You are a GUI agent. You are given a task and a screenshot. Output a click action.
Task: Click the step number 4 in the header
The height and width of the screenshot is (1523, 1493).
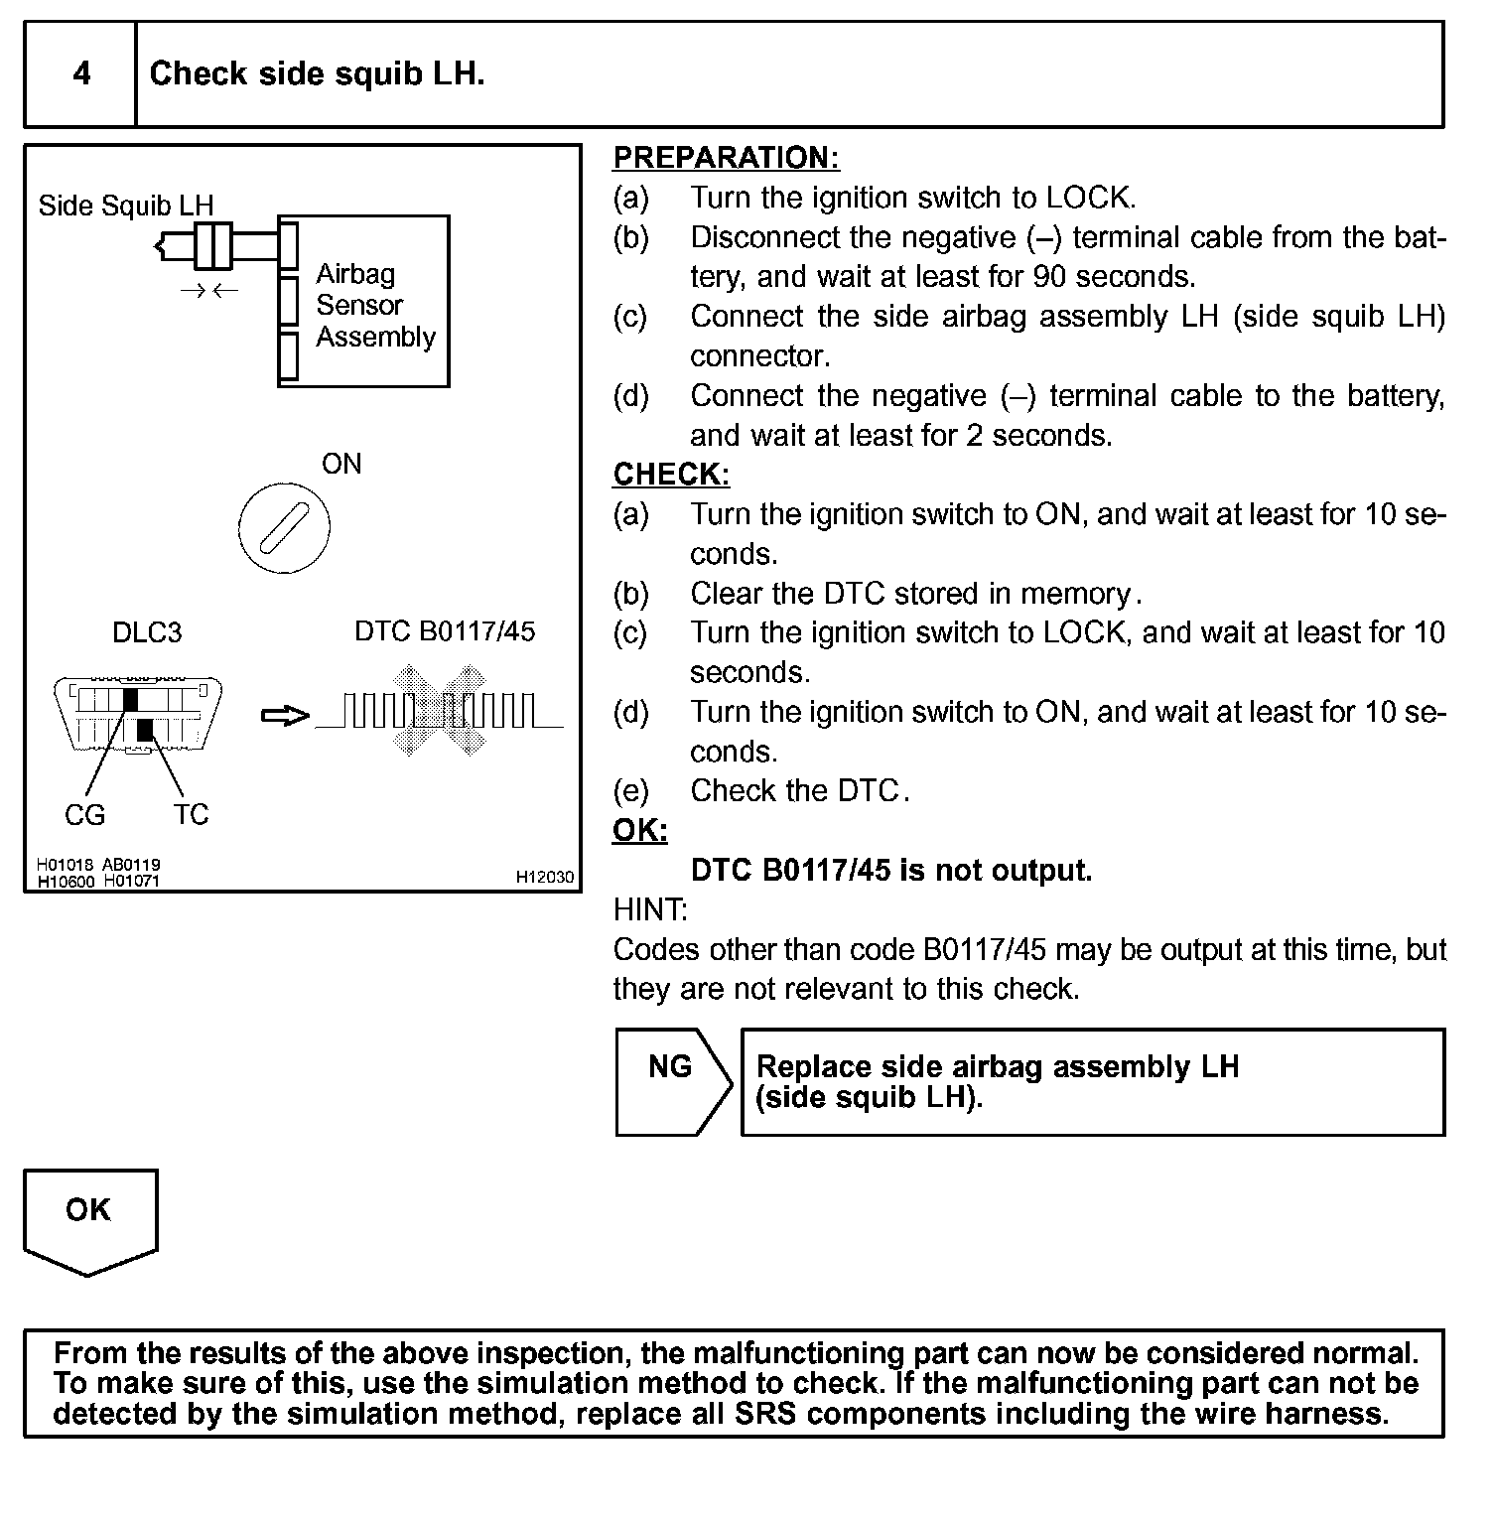81,74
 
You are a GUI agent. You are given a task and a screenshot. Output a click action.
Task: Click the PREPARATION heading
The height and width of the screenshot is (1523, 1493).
726,158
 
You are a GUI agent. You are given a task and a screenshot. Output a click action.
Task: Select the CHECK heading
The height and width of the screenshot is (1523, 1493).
671,475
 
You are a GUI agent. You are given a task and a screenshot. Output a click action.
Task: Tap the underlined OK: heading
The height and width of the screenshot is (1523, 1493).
639,830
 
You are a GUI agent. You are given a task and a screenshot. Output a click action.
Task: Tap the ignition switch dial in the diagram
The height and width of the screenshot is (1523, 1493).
284,526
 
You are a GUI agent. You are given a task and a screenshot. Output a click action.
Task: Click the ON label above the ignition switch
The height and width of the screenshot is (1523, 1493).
341,464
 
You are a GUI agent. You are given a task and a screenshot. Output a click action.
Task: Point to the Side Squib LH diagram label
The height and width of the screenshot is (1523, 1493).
126,206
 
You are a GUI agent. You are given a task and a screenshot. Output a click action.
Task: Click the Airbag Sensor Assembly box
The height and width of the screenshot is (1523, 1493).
363,301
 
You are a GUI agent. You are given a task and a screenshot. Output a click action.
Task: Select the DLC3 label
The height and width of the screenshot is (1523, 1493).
147,632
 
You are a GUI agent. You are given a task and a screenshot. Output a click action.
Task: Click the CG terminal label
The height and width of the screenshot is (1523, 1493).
84,815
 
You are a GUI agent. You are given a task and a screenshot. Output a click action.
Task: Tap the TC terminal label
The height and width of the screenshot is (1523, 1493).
191,815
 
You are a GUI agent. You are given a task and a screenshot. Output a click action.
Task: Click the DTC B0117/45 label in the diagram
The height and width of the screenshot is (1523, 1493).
445,631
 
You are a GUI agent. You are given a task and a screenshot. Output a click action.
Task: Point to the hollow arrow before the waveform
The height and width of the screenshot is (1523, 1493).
285,716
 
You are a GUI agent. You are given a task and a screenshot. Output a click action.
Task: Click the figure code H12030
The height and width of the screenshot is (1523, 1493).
544,878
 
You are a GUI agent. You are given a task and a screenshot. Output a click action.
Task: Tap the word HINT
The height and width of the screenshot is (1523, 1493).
650,909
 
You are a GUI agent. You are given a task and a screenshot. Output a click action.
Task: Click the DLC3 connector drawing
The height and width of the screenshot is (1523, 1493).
138,715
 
